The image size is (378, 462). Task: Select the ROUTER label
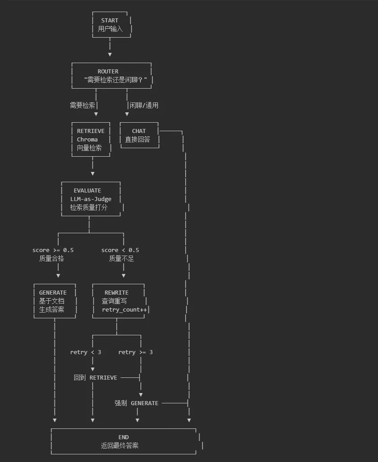(108, 71)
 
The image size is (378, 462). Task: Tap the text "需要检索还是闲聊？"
(115, 80)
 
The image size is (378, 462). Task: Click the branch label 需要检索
(82, 105)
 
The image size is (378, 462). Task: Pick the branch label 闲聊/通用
(144, 105)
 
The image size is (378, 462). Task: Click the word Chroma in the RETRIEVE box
(87, 139)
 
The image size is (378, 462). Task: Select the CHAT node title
(139, 131)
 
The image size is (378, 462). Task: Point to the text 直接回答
(137, 139)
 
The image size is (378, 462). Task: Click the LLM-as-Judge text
(91, 199)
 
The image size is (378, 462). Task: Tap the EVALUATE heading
(87, 190)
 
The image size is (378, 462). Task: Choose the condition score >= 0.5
(53, 250)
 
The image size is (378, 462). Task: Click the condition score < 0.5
(120, 250)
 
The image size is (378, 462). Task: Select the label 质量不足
(121, 258)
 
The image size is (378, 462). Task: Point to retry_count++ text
(124, 309)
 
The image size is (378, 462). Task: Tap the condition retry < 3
(85, 352)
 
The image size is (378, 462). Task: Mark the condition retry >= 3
(136, 352)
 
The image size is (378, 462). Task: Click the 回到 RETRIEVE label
(95, 377)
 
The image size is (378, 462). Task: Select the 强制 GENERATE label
(136, 403)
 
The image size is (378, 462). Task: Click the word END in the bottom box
(123, 437)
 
